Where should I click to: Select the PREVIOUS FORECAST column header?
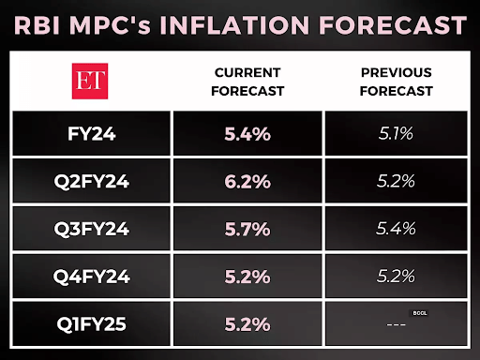397,82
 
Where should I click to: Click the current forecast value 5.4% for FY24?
247,134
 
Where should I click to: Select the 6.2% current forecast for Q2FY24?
247,181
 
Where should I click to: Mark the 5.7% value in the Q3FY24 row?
247,229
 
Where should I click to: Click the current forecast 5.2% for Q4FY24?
247,277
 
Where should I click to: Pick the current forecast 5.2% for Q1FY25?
247,324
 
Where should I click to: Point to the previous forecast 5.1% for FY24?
397,134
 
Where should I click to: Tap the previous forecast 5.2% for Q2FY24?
397,181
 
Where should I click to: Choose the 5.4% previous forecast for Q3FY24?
397,229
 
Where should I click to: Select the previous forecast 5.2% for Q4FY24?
397,277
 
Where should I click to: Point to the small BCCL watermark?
419,312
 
